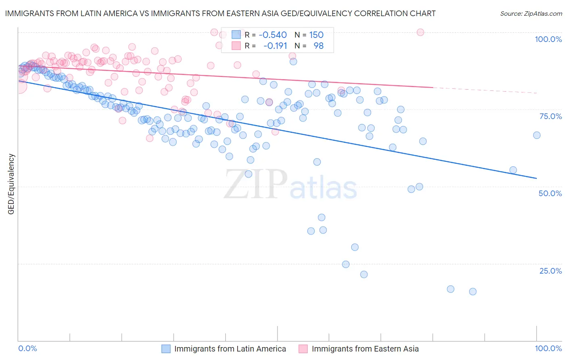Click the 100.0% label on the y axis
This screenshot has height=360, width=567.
(548, 39)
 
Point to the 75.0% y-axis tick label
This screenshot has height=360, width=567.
(550, 116)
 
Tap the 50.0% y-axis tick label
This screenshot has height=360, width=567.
(550, 193)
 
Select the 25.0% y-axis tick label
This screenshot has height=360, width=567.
(550, 270)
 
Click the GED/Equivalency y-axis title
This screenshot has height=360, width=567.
(11, 184)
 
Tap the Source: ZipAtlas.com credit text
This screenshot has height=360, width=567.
(531, 14)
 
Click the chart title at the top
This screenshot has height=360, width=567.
(220, 13)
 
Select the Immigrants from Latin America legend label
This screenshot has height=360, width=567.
(230, 349)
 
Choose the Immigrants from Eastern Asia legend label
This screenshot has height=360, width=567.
(365, 349)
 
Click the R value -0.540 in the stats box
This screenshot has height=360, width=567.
(273, 35)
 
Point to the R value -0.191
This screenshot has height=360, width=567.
(275, 46)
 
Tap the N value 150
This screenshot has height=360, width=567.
(316, 35)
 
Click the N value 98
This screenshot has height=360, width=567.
(319, 46)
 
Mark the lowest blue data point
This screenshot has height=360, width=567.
(473, 291)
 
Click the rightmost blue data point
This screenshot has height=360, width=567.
(536, 135)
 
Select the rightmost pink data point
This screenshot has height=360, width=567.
(420, 32)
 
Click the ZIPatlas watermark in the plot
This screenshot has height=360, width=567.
(290, 185)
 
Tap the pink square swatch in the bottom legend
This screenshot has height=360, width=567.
(303, 349)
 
